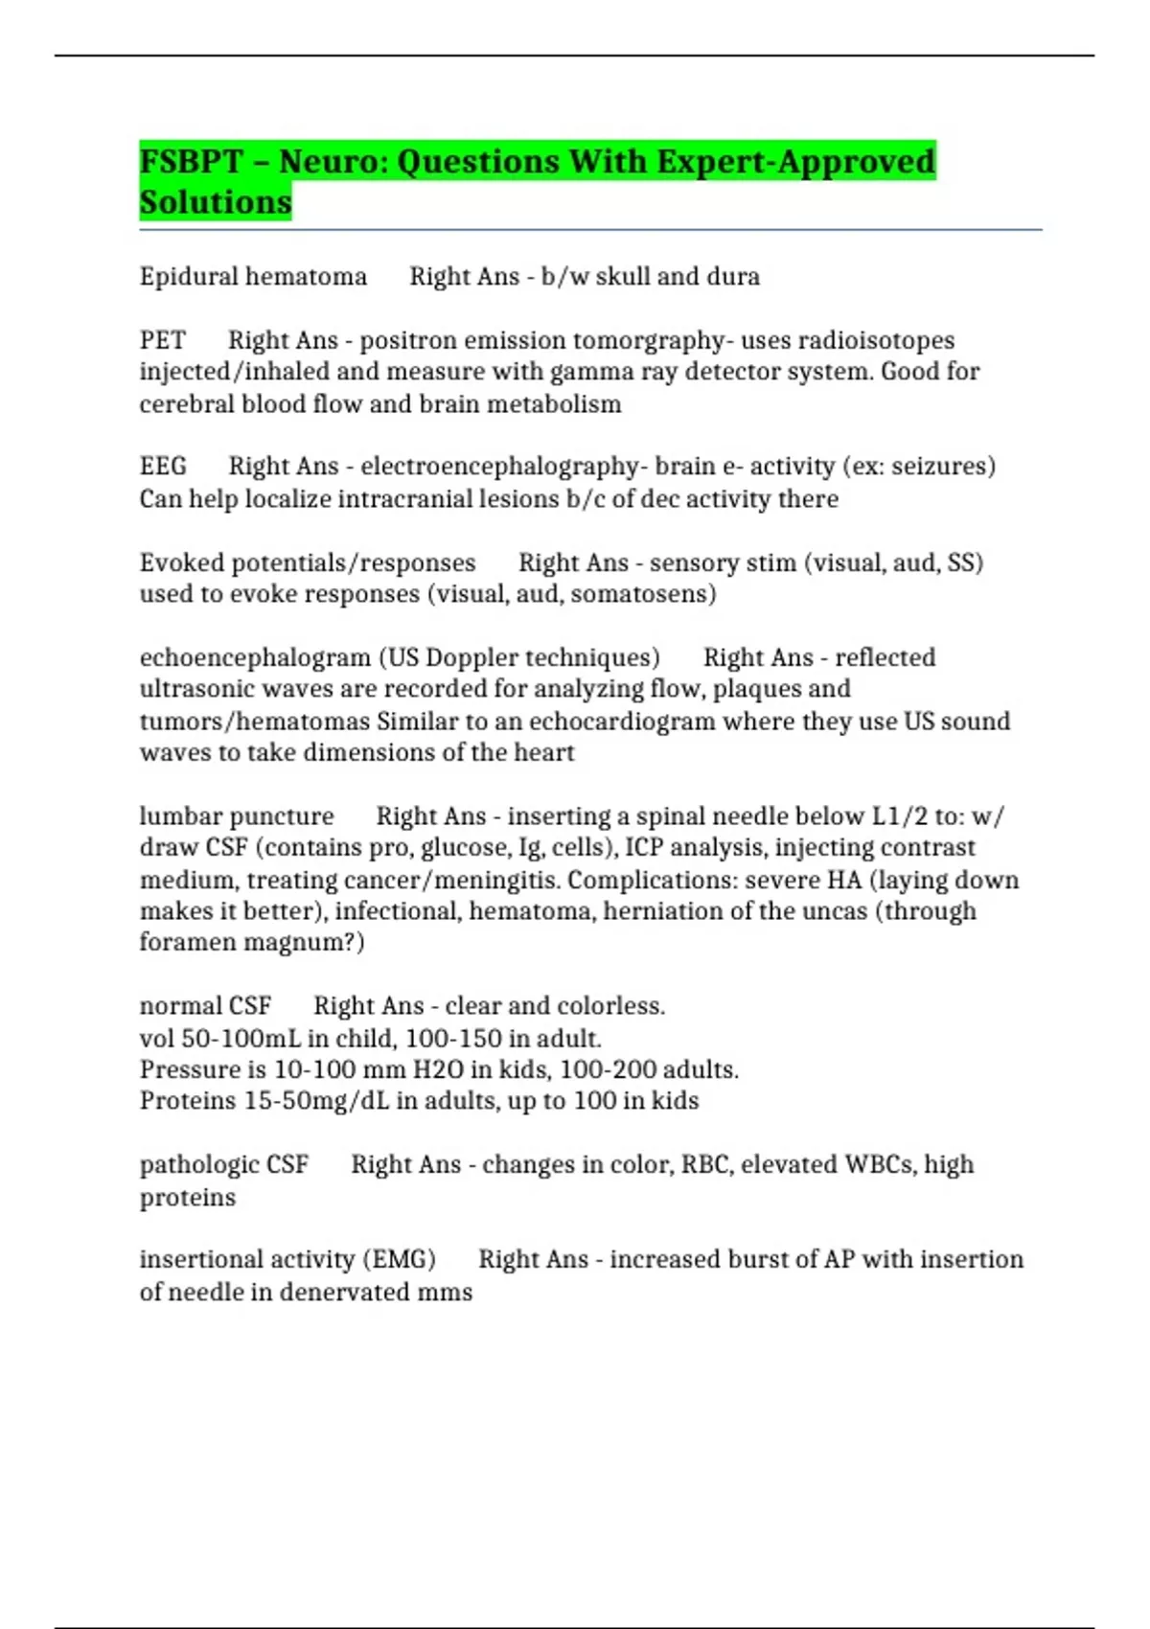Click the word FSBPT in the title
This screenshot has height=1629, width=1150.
(191, 161)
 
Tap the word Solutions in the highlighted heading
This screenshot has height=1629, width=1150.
(216, 202)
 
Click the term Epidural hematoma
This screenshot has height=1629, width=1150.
(253, 277)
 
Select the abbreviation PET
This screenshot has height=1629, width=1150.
(162, 340)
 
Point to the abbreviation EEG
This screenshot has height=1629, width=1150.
(163, 467)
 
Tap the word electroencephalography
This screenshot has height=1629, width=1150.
(499, 467)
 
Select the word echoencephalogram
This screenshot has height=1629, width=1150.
(255, 657)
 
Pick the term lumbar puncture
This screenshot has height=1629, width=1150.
(237, 816)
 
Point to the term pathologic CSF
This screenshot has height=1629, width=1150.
(224, 1164)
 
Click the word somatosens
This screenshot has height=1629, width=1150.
(649, 594)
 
